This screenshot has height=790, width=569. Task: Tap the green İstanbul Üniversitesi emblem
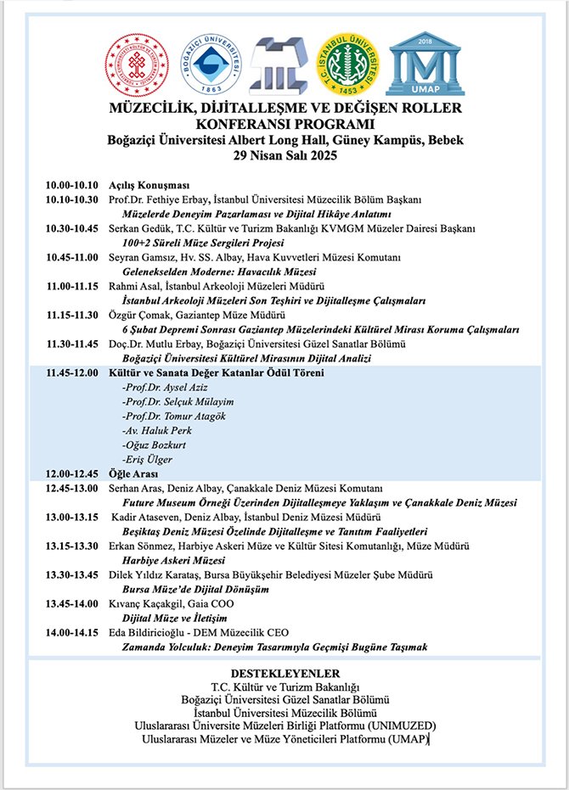pos(348,64)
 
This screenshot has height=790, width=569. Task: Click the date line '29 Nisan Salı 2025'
pos(284,155)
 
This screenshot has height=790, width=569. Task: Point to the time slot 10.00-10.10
pos(72,186)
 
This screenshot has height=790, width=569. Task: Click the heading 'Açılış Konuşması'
pos(149,186)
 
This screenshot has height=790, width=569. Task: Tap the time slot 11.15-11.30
pos(72,315)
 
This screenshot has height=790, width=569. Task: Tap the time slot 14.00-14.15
pos(72,632)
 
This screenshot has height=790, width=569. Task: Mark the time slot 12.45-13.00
pos(72,488)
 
